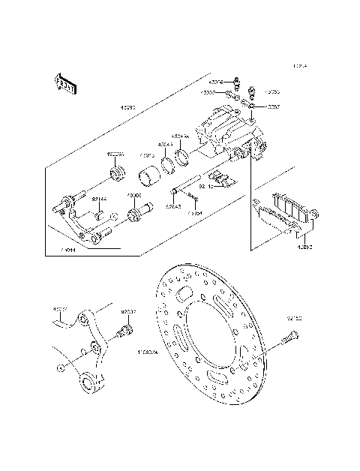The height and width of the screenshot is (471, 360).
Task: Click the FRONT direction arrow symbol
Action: (64, 85)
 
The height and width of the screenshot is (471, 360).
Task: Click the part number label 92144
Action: (99, 199)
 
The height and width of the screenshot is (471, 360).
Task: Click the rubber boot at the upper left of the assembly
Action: (117, 175)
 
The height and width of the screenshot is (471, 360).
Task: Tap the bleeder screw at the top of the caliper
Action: (254, 94)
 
